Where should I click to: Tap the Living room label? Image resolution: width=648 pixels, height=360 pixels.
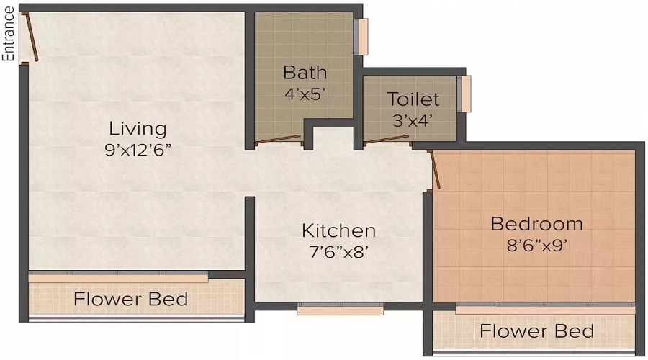click(x=138, y=130)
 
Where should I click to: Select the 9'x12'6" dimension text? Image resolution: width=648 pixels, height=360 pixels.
click(x=138, y=150)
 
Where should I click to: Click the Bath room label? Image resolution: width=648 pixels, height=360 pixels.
click(x=305, y=72)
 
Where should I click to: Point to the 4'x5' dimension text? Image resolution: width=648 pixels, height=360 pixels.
click(x=305, y=93)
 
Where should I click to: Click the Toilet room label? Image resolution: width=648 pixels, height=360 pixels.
click(x=413, y=99)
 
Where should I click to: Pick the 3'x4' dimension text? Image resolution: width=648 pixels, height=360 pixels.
click(x=413, y=120)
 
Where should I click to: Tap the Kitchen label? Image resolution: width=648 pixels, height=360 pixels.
click(x=338, y=230)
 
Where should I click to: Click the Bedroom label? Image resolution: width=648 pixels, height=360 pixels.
click(x=536, y=223)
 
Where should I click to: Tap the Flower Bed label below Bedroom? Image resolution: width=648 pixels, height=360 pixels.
click(x=536, y=331)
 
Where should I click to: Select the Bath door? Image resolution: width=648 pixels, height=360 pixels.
click(x=279, y=140)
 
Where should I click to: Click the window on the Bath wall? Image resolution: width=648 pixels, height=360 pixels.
click(x=363, y=37)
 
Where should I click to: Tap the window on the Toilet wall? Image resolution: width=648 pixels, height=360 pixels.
click(x=466, y=94)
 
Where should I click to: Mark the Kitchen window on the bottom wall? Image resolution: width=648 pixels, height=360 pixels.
click(x=340, y=309)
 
